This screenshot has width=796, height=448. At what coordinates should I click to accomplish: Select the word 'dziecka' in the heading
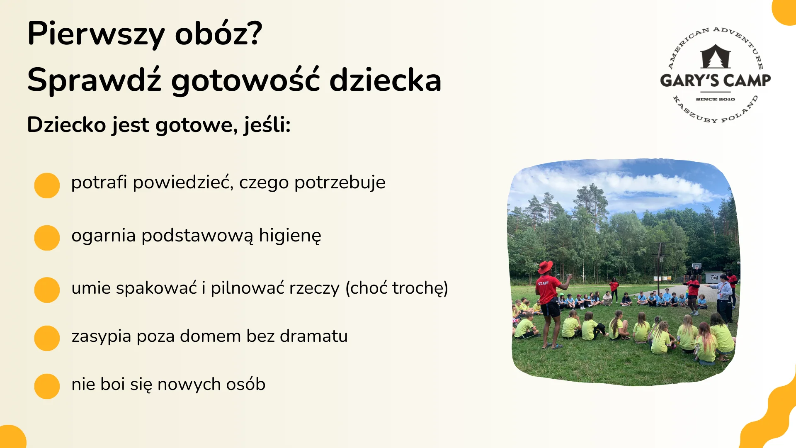(x=385, y=80)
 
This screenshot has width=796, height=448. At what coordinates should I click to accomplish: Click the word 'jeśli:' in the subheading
(x=267, y=124)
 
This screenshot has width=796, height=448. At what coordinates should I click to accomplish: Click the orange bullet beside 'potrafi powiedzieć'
(x=47, y=185)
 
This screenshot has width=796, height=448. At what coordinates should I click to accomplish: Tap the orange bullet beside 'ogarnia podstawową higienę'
(x=47, y=238)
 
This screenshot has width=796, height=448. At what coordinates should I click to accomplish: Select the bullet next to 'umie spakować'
(x=47, y=290)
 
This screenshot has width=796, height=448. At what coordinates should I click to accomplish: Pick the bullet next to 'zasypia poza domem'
(x=47, y=338)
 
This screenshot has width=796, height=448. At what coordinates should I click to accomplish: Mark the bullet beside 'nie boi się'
(x=47, y=386)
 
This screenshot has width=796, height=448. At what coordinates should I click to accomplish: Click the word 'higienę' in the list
(x=290, y=236)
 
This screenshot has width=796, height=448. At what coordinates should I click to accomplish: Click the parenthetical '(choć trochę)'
(x=397, y=288)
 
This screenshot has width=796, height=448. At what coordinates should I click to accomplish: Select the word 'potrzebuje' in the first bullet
(x=340, y=183)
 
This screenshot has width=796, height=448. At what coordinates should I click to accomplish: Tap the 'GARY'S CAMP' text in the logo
(x=715, y=80)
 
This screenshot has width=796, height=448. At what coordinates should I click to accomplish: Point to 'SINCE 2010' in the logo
(x=715, y=99)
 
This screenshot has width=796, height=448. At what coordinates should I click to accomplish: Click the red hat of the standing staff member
(x=545, y=266)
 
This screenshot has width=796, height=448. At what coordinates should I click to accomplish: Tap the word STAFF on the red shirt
(x=543, y=283)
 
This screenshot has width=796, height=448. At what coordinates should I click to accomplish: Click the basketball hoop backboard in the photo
(x=696, y=266)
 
